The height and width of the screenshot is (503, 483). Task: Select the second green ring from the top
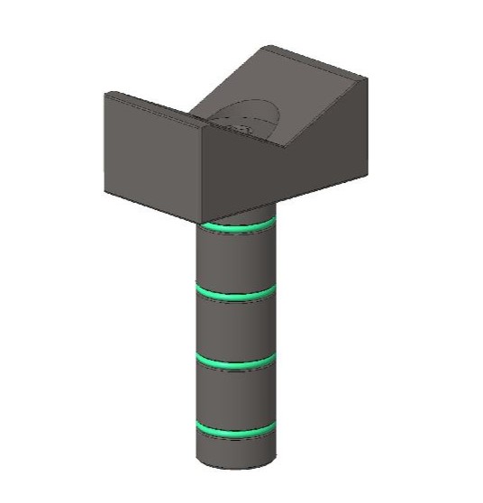click(x=236, y=296)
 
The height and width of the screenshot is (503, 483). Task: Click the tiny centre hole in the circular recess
click(x=242, y=131)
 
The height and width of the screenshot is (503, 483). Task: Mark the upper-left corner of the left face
click(x=106, y=93)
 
